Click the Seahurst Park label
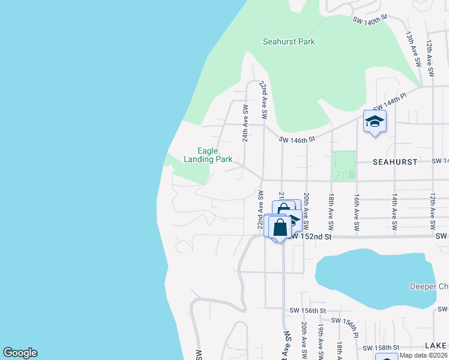[289, 42]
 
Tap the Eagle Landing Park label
[208, 155]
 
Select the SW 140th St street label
[368, 21]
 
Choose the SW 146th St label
[297, 140]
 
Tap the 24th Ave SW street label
[245, 122]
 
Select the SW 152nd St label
[310, 237]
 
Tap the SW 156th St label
[307, 311]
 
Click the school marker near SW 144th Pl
[375, 122]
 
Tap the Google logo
[20, 353]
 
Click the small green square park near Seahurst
[344, 165]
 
